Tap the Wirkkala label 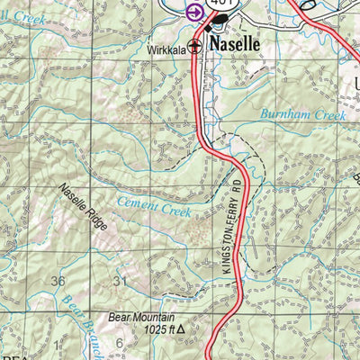[166, 51]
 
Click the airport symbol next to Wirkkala [194, 51]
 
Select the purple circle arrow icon [193, 12]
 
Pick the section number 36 [58, 282]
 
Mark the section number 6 [118, 343]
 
